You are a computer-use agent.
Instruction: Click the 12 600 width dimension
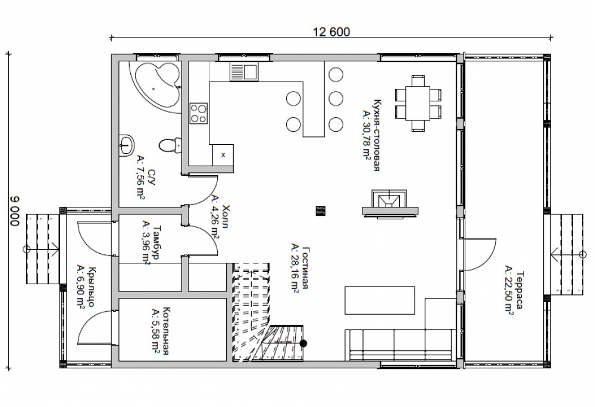(331, 32)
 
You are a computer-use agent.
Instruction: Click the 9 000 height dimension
(14, 212)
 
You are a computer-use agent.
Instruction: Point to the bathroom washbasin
(127, 145)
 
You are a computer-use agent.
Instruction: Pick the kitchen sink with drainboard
(243, 72)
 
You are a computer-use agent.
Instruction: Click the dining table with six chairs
(418, 103)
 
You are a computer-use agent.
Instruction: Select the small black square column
(321, 211)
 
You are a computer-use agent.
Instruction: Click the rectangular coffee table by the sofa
(380, 300)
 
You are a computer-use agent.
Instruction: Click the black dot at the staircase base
(303, 344)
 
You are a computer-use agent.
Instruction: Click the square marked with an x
(223, 155)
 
